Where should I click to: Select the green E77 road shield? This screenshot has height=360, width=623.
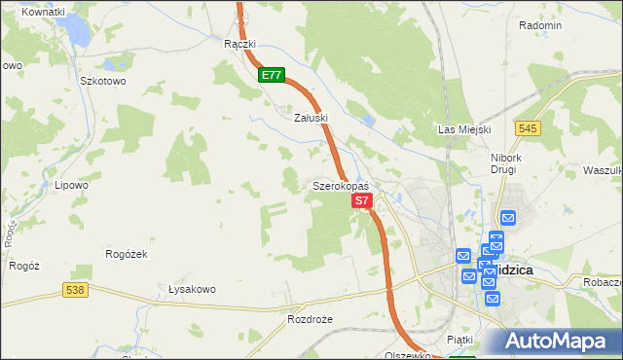coord(272,74)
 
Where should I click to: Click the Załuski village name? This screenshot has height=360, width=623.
coord(311,117)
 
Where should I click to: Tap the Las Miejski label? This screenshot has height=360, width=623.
coord(464,129)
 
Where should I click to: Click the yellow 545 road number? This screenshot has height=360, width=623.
coord(529,127)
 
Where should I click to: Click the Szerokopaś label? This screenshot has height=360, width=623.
coord(340,185)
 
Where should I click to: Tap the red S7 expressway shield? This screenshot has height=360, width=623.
coord(361,200)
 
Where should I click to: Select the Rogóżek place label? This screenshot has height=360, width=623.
coord(126,254)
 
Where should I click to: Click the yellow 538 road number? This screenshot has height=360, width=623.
coord(74,289)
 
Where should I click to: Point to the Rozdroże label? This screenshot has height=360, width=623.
coord(311,318)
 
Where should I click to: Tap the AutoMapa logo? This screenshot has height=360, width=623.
coord(556,342)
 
